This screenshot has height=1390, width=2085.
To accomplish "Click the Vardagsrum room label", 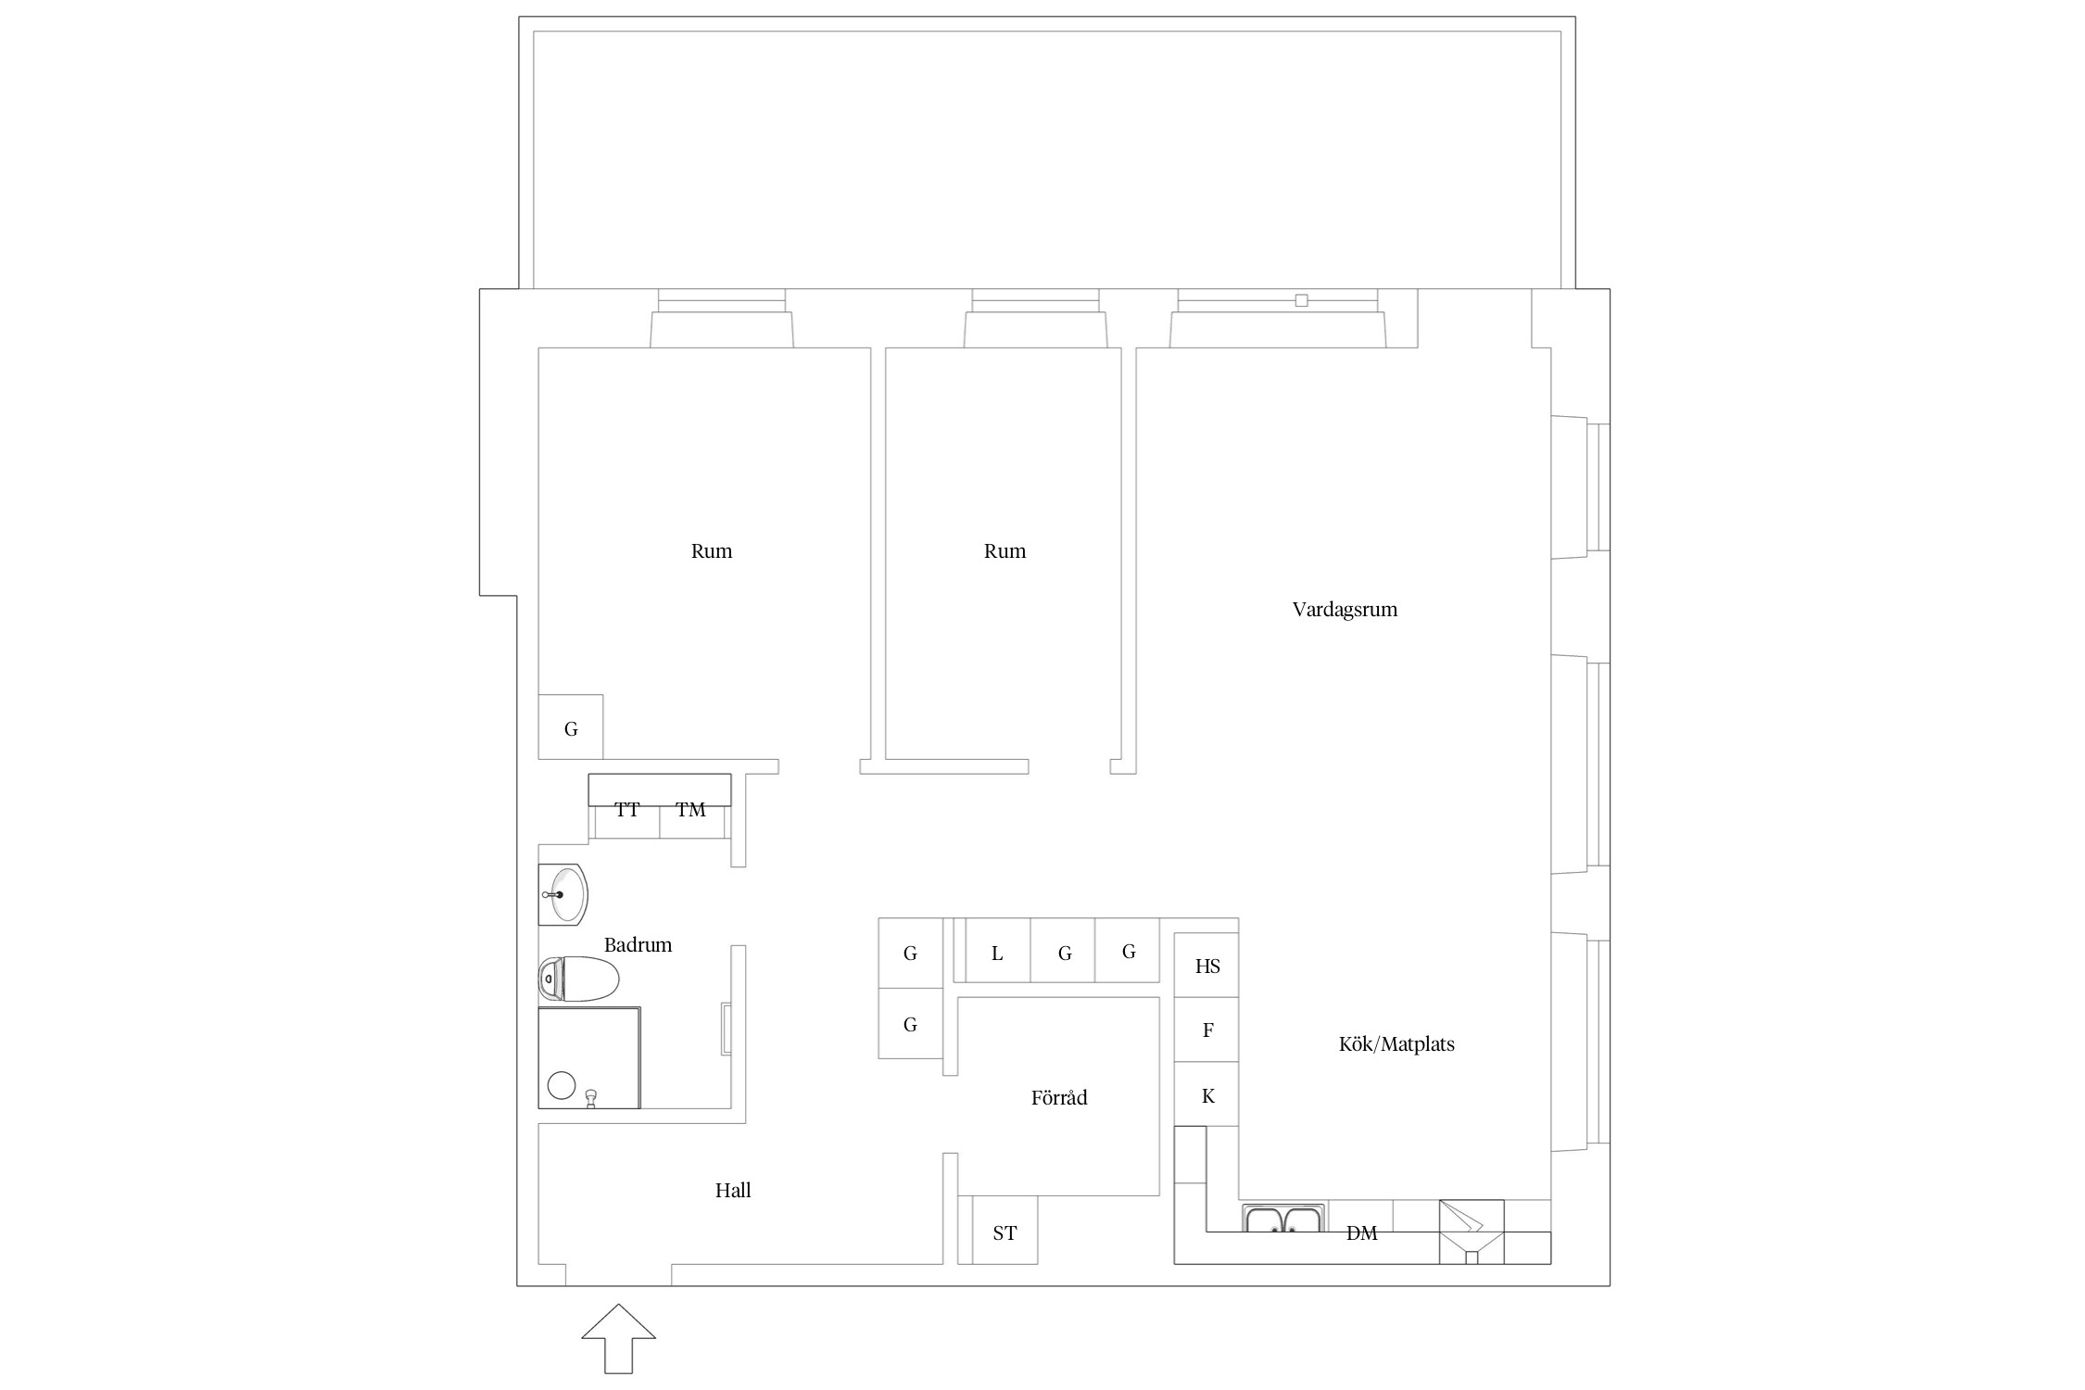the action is coord(1345,610).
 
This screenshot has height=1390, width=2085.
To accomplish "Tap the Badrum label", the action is coord(638,945).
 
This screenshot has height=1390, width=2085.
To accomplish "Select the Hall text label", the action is coord(733,1191).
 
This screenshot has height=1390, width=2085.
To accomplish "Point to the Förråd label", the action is coord(1059,1098).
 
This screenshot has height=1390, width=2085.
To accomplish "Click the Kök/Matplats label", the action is coord(1396,1044).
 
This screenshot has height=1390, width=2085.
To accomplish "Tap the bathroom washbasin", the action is coord(562,894).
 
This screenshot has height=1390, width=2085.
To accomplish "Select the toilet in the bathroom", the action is coord(579,979).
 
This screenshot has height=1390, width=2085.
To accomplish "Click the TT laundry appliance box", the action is coord(626,810).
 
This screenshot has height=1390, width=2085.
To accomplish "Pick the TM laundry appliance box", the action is coord(691,810).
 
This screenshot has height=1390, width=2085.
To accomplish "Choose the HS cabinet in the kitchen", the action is coord(1207,966).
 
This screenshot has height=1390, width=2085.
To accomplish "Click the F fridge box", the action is coord(1207,1030).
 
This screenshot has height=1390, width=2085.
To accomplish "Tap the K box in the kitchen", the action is coord(1207,1094).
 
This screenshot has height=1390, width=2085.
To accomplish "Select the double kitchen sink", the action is coord(1283,1219).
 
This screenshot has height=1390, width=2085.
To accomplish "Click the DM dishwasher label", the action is coord(1361,1233).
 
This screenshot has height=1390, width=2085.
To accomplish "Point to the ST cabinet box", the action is coord(1005,1231).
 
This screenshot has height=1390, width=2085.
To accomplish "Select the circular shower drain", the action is coord(562,1085).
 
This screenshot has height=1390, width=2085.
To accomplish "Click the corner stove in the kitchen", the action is coord(1472,1232).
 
